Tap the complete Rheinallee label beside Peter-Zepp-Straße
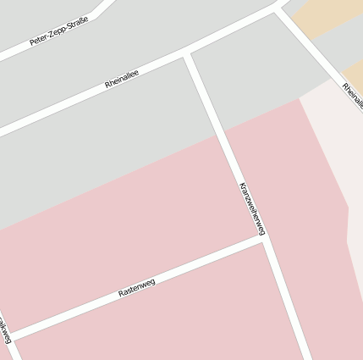(122, 80)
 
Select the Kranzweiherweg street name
(252, 208)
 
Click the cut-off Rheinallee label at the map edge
(353, 95)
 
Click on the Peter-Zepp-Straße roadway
(93, 14)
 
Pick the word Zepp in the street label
(58, 34)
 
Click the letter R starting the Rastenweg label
(121, 294)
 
